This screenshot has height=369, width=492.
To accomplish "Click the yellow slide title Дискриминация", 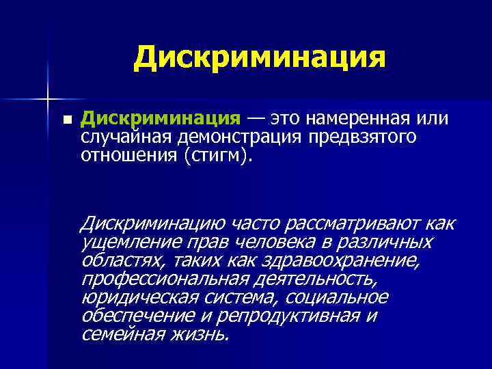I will click(x=260, y=57).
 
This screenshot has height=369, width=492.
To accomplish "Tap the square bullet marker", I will click(x=66, y=120).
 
